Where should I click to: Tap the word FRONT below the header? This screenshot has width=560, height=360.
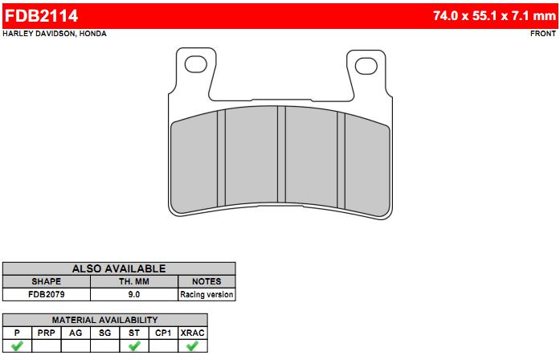(x=543, y=34)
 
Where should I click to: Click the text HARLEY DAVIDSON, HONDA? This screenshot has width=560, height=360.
(x=55, y=34)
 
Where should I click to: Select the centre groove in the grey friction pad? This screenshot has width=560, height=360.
(x=281, y=154)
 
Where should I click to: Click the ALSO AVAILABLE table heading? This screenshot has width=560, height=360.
(x=119, y=268)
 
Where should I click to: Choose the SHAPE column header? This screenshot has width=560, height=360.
(x=46, y=281)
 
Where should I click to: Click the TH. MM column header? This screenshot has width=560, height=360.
(x=133, y=281)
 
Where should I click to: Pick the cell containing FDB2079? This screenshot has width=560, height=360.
(x=46, y=294)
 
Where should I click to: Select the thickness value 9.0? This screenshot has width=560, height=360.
(x=133, y=294)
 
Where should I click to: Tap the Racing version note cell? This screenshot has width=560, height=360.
(x=206, y=294)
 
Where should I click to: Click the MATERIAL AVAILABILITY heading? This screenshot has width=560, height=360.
(x=104, y=319)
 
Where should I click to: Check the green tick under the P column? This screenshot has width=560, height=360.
(x=17, y=346)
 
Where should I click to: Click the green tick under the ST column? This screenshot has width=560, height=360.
(x=134, y=346)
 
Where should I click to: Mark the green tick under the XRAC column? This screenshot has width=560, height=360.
(x=192, y=346)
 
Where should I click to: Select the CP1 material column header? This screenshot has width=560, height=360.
(x=163, y=332)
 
